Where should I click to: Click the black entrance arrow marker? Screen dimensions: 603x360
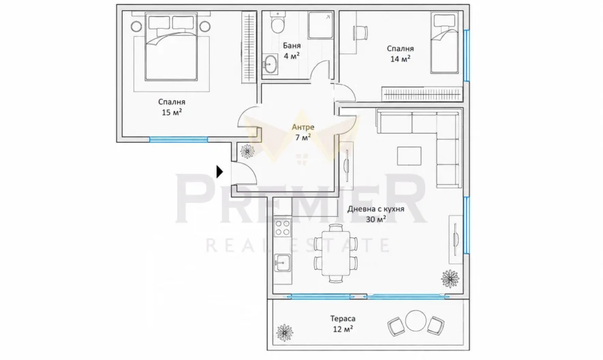tap(219, 172)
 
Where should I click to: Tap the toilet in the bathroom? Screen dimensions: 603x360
tap(277, 22)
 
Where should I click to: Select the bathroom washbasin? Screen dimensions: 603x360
tap(270, 63)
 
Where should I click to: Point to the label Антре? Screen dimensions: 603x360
tap(303, 127)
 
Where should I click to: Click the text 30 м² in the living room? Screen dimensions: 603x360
tap(376, 219)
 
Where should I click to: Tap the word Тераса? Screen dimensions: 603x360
tap(343, 318)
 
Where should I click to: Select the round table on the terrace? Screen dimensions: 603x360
tap(416, 320)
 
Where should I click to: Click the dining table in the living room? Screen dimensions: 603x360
tap(336, 253)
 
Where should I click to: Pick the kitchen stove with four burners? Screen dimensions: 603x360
tap(282, 227)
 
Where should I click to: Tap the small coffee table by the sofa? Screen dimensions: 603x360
tap(409, 156)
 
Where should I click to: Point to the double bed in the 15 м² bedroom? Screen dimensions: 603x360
tap(171, 47)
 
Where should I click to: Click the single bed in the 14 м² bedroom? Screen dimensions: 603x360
tap(444, 43)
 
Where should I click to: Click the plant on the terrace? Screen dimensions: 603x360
tap(285, 332)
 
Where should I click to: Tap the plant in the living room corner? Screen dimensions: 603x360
tap(450, 278)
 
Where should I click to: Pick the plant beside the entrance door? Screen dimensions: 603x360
tap(247, 151)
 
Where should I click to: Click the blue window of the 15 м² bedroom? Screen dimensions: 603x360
tap(179, 139)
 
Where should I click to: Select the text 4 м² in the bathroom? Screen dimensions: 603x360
tap(292, 56)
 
